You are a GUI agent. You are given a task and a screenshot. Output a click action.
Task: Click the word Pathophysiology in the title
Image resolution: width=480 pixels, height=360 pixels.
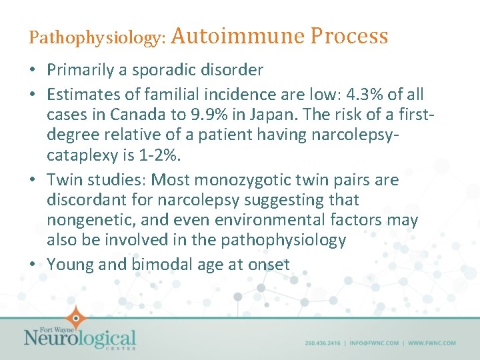97,38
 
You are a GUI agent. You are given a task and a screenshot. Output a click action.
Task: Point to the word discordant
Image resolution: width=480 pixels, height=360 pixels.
85,200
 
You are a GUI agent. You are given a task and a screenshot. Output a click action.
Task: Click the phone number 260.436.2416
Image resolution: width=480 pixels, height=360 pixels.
323,343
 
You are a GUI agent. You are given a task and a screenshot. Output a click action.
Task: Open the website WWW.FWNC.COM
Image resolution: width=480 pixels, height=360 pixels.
432,343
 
